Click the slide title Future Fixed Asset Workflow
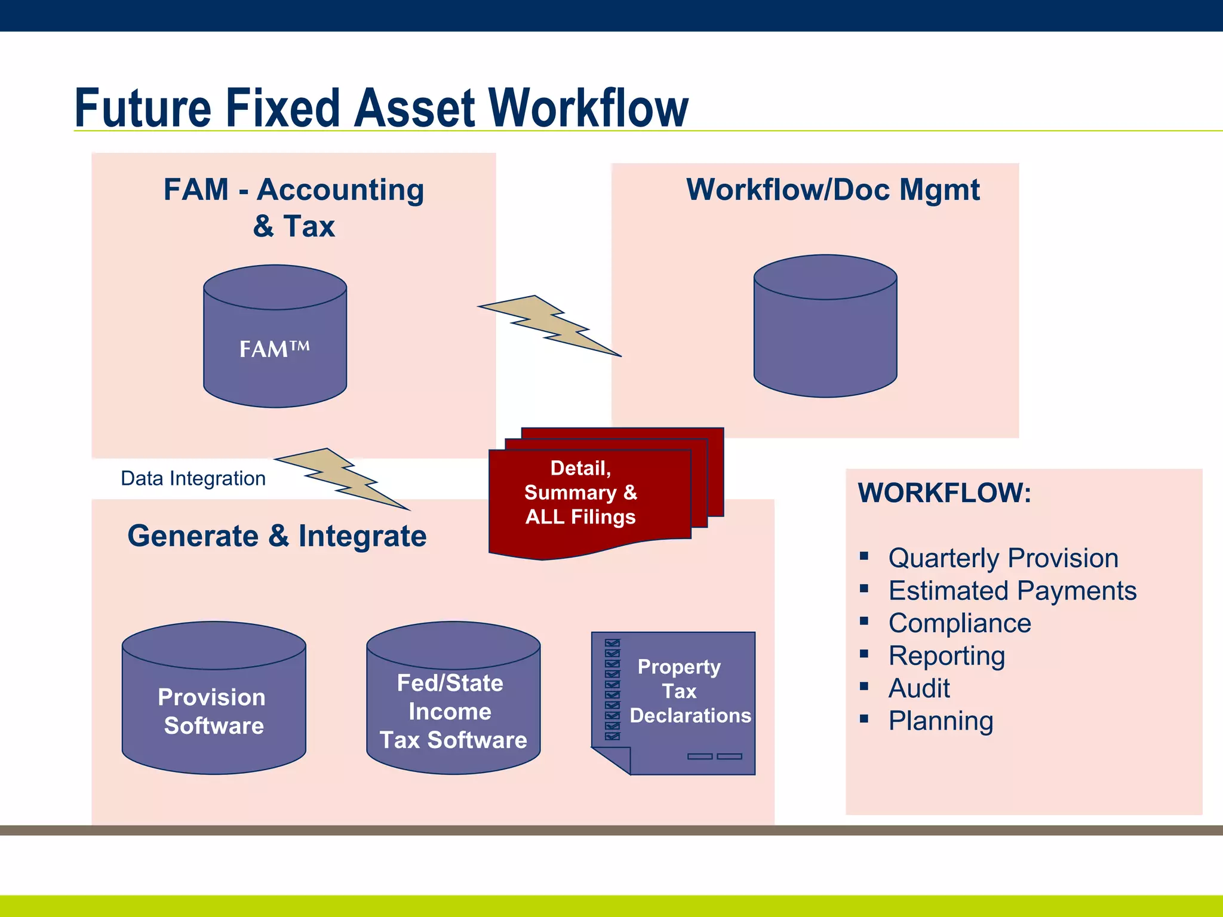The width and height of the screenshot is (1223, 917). [381, 109]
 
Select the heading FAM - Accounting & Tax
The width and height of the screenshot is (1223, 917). [294, 207]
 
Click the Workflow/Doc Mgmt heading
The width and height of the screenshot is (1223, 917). [832, 190]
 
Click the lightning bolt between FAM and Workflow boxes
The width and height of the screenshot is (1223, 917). [549, 325]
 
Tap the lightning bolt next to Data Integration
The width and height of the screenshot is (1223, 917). [342, 478]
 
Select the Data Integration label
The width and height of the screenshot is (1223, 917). [193, 478]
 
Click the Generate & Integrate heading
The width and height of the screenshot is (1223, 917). [277, 536]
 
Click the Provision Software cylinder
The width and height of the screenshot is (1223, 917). [214, 710]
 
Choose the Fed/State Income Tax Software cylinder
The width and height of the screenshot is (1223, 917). [453, 710]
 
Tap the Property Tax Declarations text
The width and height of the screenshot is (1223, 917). [690, 691]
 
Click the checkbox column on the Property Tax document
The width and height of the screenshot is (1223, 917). [612, 690]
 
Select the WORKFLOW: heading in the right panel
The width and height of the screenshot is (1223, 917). [944, 493]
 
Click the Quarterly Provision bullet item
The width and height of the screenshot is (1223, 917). [1003, 558]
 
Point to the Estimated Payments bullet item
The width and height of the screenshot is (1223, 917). [1012, 591]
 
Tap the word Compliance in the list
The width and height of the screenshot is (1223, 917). [960, 623]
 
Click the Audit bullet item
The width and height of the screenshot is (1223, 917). [919, 688]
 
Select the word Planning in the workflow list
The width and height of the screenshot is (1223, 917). [941, 721]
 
